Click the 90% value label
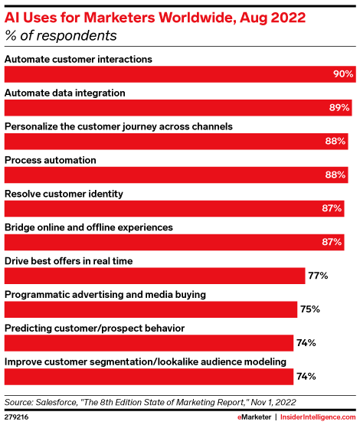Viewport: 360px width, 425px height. point(342,74)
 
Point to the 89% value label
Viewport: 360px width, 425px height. point(339,108)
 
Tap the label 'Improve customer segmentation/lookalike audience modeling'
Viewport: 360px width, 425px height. point(146,361)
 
